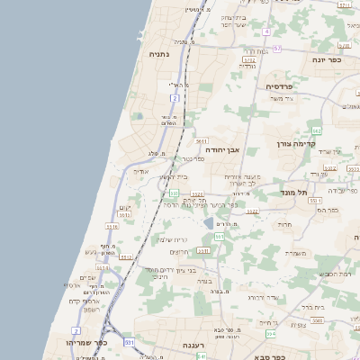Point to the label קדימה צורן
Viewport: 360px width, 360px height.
click(323, 144)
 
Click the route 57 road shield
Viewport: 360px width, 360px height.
click(276, 49)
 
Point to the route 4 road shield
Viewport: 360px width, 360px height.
click(266, 31)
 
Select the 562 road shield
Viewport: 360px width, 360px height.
click(317, 131)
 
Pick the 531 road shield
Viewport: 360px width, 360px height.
click(129, 342)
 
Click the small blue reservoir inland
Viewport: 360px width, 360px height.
click(208, 222)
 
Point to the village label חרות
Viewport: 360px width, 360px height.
click(284, 224)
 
